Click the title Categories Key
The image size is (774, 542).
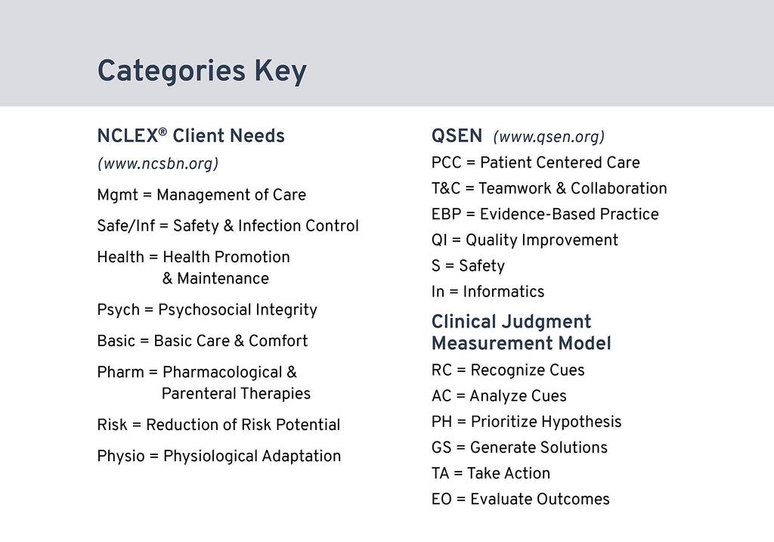(x=202, y=71)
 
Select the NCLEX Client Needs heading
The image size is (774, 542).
(x=190, y=137)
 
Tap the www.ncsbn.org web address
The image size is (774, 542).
(x=157, y=163)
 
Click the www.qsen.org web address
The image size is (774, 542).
(x=548, y=137)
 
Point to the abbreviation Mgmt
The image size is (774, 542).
(x=117, y=195)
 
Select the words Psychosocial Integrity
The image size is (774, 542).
(x=237, y=310)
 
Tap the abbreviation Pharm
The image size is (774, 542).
(x=120, y=372)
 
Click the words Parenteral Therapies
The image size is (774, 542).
(x=236, y=394)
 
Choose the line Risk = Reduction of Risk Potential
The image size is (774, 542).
(x=218, y=425)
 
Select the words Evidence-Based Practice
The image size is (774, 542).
(x=568, y=215)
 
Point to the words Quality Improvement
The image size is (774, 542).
(x=541, y=240)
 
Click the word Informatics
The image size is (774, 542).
(x=503, y=292)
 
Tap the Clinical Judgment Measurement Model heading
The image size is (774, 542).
(x=521, y=333)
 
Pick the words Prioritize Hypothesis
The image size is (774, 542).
(x=545, y=422)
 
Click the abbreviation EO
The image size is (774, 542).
(x=442, y=499)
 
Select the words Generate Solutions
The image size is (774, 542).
(x=538, y=448)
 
